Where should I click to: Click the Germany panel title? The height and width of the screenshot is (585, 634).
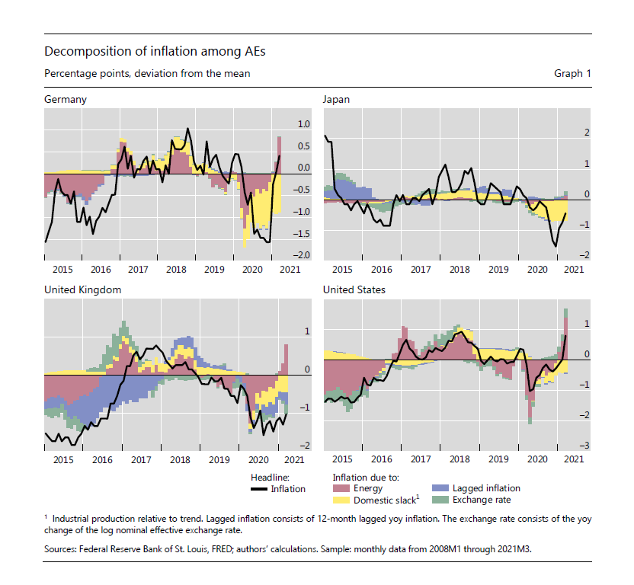pos(66,100)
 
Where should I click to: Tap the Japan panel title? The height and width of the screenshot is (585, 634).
pos(336,100)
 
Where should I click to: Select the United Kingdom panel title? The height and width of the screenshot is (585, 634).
pos(83,290)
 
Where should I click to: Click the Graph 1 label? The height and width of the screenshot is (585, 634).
pos(572,74)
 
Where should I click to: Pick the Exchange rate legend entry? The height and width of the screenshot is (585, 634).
pos(482,500)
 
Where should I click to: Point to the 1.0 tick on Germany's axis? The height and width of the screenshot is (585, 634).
pos(304,124)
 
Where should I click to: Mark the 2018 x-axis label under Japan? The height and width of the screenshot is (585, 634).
pos(459,270)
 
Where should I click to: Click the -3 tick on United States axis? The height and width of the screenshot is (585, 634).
pos(585,446)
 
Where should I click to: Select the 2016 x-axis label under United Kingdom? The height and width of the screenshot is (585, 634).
pos(101,460)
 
